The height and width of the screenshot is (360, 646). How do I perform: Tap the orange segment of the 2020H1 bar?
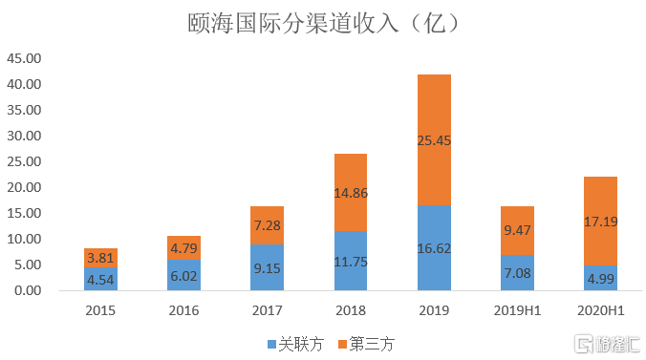tap(600, 201)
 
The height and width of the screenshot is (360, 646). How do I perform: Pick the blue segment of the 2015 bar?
tap(101, 279)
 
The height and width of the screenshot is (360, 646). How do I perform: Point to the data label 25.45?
tap(434, 140)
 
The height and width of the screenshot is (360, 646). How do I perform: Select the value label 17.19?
tap(600, 221)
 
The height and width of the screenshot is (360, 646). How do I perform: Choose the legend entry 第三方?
tap(364, 341)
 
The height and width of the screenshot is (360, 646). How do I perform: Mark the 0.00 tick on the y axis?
tap(27, 290)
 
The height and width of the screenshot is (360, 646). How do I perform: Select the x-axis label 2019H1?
tap(517, 310)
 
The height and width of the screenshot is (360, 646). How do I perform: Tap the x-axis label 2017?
tap(268, 310)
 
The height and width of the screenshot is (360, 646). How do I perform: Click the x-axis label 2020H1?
tap(600, 310)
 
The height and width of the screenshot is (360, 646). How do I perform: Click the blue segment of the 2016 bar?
tap(184, 275)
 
